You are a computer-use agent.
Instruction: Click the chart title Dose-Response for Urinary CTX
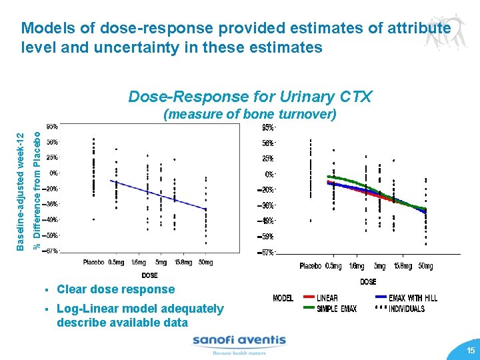(x=250, y=97)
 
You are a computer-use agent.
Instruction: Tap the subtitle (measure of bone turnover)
(x=250, y=114)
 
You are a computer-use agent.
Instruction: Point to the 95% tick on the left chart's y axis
(x=52, y=127)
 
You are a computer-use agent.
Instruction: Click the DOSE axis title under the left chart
(x=150, y=275)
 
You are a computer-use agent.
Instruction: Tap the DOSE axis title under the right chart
(x=368, y=281)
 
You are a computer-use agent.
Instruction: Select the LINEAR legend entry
(x=327, y=298)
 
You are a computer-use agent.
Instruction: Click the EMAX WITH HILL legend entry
(x=413, y=298)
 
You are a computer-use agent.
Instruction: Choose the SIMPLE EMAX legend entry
(x=336, y=309)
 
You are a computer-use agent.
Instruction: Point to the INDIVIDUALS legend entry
(x=406, y=309)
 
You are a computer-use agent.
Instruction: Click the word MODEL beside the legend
(x=283, y=298)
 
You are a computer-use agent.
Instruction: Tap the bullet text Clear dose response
(x=116, y=289)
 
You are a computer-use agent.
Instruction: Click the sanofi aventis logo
(x=239, y=344)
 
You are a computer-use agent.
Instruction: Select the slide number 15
(x=471, y=351)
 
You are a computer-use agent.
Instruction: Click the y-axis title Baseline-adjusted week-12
(x=21, y=191)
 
